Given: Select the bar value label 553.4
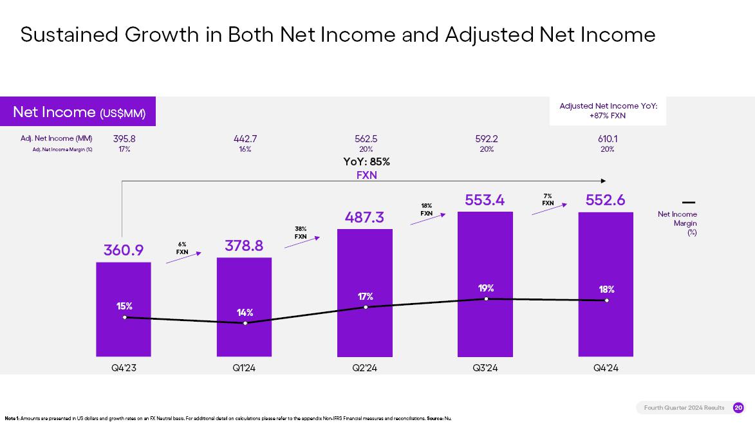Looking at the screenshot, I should point(485,200).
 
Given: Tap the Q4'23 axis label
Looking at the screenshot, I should point(124,368).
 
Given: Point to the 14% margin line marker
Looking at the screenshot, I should point(245,323).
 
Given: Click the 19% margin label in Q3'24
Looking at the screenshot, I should point(486,288).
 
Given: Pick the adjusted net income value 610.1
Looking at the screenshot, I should point(607,138).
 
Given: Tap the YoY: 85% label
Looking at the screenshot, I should point(366,161).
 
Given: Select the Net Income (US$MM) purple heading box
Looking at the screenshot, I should point(79,112).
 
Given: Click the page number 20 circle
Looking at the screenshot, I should point(738,407).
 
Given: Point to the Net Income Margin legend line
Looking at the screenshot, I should point(688,203).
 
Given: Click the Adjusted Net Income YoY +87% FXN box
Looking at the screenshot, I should point(608,111).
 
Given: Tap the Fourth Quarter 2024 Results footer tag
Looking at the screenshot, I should point(684,407).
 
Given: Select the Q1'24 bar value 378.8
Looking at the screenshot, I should point(244,245).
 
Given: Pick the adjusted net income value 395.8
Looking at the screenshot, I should point(124,138).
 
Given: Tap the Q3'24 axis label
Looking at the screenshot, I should point(485,368).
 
